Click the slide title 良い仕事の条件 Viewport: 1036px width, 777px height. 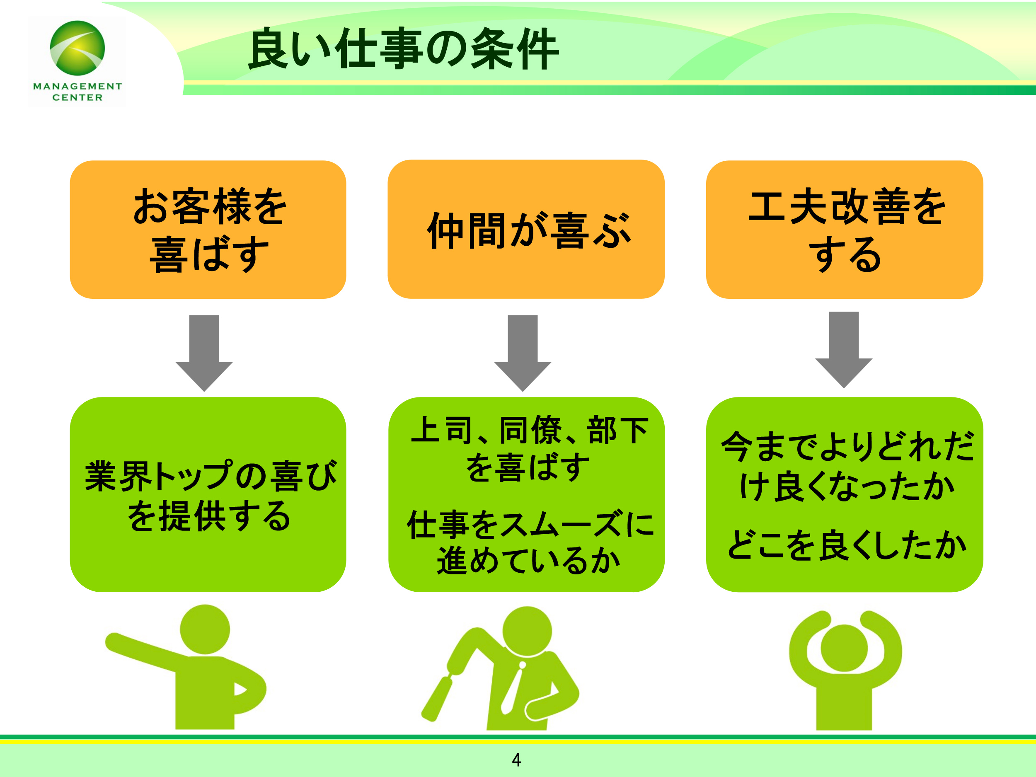coord(403,49)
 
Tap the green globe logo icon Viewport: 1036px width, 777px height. coord(77,48)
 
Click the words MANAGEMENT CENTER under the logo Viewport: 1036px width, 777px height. coord(77,92)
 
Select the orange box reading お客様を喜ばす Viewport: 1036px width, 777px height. coord(208,230)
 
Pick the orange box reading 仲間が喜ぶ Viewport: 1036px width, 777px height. coord(526,230)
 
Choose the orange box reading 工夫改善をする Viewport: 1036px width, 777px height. coord(845,230)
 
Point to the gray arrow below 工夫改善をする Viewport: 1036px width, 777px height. coord(844,349)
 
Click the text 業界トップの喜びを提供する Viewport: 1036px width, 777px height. coord(210,496)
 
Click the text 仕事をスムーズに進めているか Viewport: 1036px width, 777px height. coord(529,542)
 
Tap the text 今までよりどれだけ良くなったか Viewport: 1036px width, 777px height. coord(847,466)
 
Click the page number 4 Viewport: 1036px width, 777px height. coord(517,760)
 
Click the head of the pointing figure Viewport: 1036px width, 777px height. coord(205,629)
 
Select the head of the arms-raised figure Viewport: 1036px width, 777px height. coord(845,648)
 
